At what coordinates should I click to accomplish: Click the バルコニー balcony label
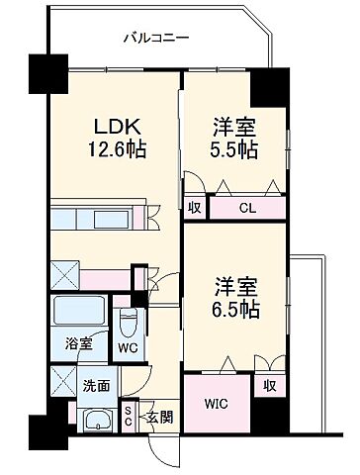pos(156,39)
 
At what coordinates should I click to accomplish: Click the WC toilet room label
pos(127,347)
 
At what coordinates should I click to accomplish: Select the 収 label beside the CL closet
pos(195,207)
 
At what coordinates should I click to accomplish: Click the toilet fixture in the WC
pos(128,321)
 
